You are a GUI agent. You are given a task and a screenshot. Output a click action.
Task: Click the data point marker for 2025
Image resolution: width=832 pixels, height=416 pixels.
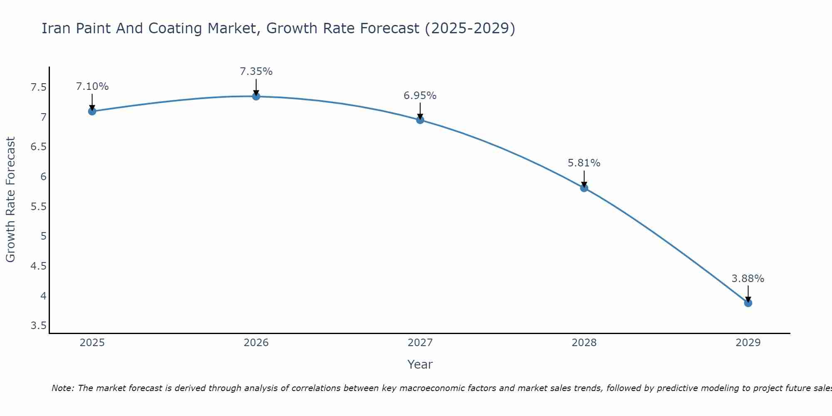click(x=92, y=111)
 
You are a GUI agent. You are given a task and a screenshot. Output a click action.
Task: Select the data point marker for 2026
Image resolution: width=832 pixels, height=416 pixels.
click(x=256, y=97)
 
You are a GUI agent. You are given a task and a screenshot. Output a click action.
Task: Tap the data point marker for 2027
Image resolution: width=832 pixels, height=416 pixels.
click(x=420, y=120)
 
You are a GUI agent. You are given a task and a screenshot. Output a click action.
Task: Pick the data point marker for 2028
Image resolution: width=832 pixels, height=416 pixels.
click(x=584, y=188)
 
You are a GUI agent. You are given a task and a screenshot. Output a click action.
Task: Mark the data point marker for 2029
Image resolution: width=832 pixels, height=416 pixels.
click(x=748, y=303)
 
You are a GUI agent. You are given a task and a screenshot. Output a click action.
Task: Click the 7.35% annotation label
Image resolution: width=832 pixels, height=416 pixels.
click(x=256, y=72)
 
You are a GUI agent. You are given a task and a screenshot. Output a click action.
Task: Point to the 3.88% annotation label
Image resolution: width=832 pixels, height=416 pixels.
click(x=748, y=279)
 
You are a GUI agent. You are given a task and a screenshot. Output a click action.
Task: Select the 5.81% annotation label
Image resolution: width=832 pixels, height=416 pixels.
click(x=584, y=163)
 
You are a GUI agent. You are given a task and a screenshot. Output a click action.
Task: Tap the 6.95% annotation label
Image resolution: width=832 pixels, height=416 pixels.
click(x=420, y=96)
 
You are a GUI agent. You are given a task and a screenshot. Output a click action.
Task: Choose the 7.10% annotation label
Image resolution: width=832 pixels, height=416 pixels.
click(x=92, y=87)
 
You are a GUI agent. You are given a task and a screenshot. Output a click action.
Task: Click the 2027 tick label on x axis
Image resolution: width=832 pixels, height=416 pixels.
click(x=420, y=343)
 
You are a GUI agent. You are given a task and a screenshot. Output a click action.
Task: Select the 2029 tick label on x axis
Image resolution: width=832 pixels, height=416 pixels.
click(x=748, y=343)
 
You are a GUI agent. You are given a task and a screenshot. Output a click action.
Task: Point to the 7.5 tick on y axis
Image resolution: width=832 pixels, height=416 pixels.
click(x=39, y=87)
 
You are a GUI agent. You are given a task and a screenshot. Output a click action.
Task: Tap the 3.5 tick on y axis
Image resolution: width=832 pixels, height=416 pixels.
click(x=39, y=326)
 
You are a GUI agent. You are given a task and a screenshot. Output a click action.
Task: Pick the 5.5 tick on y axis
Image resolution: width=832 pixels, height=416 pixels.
click(x=39, y=207)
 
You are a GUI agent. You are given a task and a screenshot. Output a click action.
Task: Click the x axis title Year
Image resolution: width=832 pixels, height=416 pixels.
click(x=420, y=364)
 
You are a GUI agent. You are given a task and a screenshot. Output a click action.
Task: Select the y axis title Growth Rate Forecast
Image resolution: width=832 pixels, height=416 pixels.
click(x=10, y=200)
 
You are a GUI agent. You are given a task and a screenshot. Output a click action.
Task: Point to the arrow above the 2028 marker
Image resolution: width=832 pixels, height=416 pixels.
click(x=584, y=178)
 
